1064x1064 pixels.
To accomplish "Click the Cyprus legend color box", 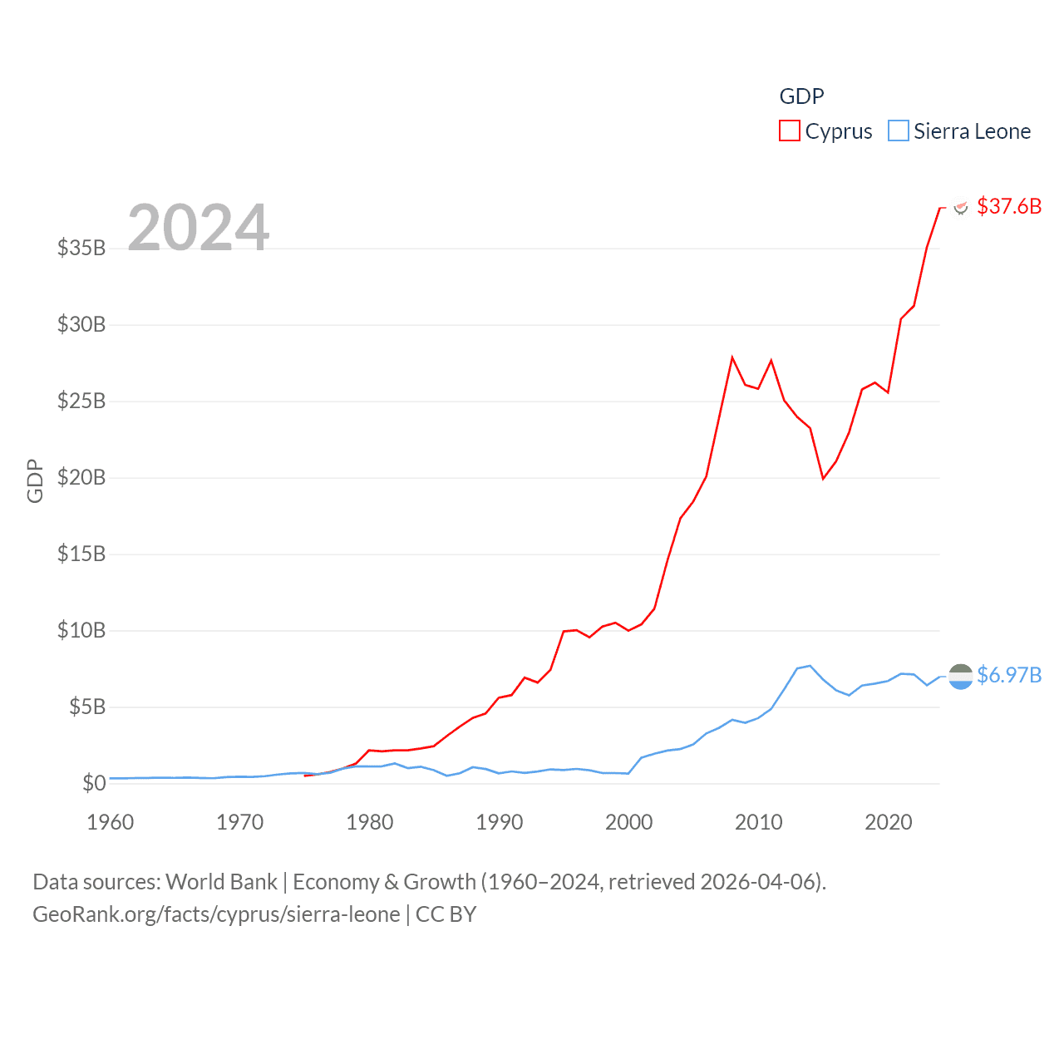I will (x=789, y=131).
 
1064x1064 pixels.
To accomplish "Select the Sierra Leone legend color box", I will (x=899, y=131).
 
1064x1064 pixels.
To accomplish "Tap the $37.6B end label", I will (x=1008, y=206).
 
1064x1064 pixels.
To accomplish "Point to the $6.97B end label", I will (x=1008, y=675).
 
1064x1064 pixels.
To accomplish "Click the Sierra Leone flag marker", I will (x=960, y=677).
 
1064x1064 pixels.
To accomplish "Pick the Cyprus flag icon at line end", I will (x=961, y=207).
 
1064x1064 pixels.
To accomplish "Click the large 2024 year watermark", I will (x=199, y=227).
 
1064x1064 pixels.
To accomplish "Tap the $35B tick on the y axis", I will (x=81, y=248).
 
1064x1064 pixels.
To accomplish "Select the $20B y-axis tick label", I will (x=81, y=477).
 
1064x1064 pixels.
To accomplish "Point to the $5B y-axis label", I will (x=86, y=707).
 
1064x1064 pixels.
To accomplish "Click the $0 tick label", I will (x=94, y=783).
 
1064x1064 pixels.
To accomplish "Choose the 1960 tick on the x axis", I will (x=111, y=822).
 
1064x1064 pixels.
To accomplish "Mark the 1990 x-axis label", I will (x=500, y=822).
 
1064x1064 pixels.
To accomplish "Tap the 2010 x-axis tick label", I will (x=759, y=822).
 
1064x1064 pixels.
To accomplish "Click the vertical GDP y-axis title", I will (x=35, y=480).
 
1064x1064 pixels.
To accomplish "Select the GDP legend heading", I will (x=801, y=96).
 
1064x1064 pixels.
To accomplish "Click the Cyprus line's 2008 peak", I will (x=732, y=357).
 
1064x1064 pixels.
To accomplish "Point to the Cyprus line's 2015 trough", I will (x=823, y=479).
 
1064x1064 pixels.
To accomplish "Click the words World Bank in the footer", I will (x=221, y=881).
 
